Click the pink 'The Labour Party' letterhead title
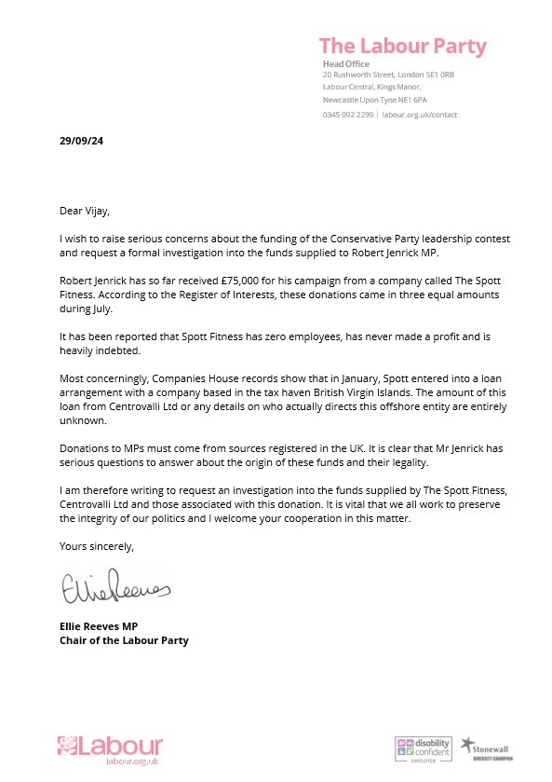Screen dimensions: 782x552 [x=402, y=46]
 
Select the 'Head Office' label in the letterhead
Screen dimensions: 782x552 [x=342, y=63]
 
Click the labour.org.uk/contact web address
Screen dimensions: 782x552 [x=419, y=114]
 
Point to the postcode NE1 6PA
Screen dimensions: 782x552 [x=410, y=99]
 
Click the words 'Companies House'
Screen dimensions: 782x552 [x=181, y=384]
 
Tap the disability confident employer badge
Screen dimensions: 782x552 [x=423, y=749]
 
